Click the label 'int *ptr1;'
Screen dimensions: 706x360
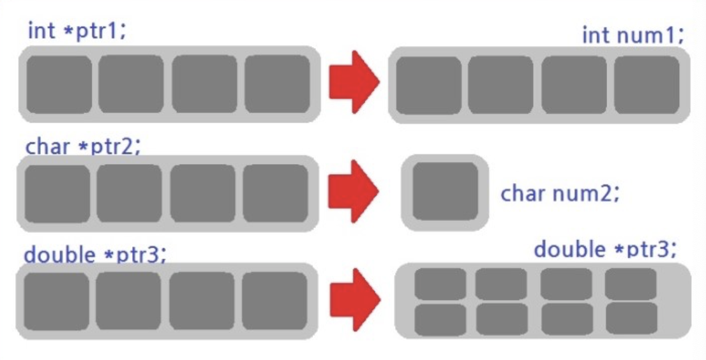coord(77,31)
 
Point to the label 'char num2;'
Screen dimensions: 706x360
coord(560,193)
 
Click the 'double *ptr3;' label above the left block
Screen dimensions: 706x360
coord(95,255)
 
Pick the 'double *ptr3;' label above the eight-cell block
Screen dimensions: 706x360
coord(605,248)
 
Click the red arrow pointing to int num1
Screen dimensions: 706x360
coord(353,83)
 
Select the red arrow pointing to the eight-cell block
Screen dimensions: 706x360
coord(353,300)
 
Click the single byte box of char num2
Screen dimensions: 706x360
coord(445,191)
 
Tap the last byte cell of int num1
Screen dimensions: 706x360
coord(647,85)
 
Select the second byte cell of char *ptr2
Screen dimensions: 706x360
coord(129,193)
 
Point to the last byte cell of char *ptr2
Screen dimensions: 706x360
coord(275,193)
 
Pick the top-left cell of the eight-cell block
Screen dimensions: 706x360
coord(440,284)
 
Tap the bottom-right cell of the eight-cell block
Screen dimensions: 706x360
coord(631,319)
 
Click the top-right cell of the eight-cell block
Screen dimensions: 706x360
coord(631,284)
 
